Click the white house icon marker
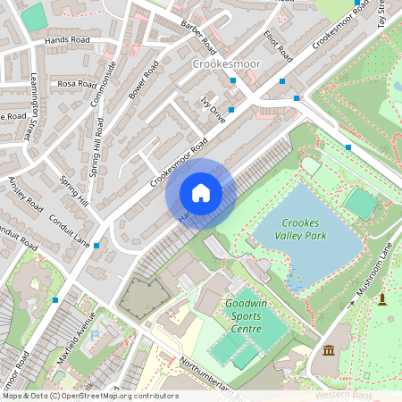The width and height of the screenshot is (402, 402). tap(201, 193)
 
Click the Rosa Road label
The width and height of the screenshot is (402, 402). tap(76, 84)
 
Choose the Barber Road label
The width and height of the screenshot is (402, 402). tap(194, 36)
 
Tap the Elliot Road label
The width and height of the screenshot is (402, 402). tap(278, 45)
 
